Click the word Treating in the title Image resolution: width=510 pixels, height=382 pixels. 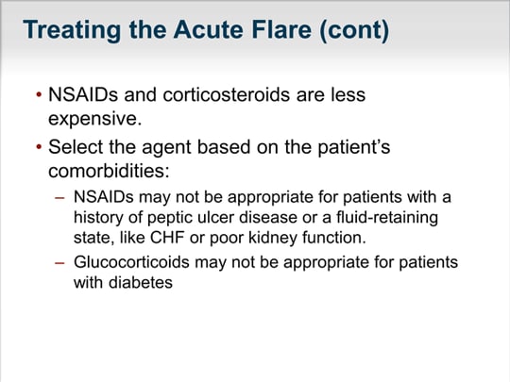(72, 30)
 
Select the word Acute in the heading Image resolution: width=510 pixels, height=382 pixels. (209, 29)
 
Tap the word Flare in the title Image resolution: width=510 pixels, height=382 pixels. (281, 29)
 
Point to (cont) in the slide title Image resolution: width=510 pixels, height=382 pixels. (354, 30)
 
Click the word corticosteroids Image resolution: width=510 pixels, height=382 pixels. (227, 94)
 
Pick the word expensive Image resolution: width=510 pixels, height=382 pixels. (95, 119)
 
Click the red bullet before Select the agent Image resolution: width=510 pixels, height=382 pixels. (39, 147)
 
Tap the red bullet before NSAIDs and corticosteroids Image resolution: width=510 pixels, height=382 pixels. (39, 95)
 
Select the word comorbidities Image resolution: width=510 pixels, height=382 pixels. (109, 170)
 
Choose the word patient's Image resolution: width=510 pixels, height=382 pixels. (354, 147)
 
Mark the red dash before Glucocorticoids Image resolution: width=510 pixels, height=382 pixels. (59, 262)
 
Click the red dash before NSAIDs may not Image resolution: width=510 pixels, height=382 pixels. (59, 197)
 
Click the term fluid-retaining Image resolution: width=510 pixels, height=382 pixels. (387, 218)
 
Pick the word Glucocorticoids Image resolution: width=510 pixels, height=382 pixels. (131, 262)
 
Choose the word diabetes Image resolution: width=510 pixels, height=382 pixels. (141, 282)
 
